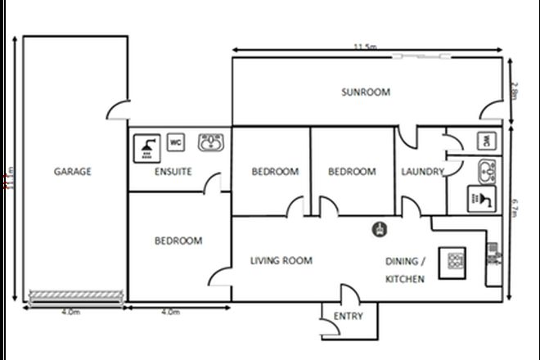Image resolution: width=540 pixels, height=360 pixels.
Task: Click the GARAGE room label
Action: [72, 172]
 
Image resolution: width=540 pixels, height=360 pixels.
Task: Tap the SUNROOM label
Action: [365, 92]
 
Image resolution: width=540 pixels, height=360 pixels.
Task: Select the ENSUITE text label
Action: [173, 172]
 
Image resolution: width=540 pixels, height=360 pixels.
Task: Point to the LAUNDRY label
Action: [422, 172]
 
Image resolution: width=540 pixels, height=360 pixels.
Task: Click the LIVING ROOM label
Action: [281, 261]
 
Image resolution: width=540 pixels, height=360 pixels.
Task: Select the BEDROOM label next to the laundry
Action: [352, 172]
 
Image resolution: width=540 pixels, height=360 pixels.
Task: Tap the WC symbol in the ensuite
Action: [175, 142]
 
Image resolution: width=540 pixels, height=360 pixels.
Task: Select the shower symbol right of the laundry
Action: [478, 197]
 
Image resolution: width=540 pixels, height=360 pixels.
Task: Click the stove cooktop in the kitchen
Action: [452, 261]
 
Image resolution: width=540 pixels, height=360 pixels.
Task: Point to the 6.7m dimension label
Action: [514, 212]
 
